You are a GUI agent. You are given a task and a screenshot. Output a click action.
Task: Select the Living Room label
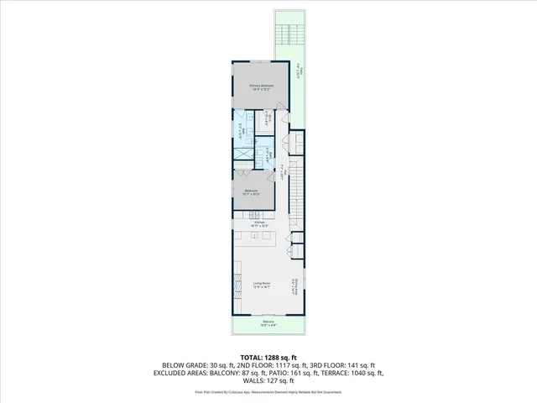pos(262,285)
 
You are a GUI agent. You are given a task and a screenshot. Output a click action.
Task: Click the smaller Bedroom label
pos(252,192)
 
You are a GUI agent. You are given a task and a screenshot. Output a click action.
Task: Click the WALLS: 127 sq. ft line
pos(268,381)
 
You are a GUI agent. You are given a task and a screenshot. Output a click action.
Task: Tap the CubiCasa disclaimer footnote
pos(268,391)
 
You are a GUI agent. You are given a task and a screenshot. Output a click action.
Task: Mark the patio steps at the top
pos(290,34)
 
